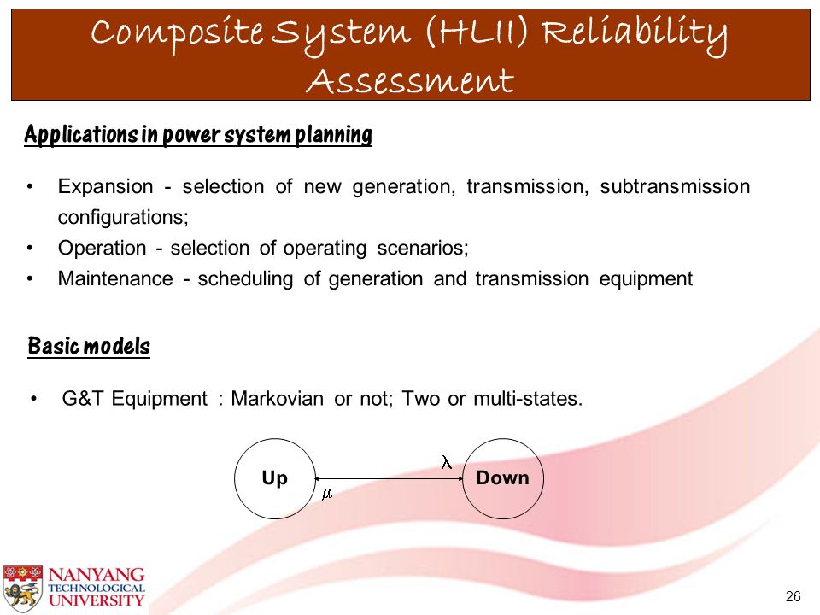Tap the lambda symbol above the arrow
pos(446,462)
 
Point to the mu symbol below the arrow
pos(327,494)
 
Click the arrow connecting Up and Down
pos(389,478)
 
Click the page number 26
pos(793,596)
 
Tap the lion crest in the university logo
pos(22,589)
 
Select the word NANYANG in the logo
pos(97,574)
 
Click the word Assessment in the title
pos(410,82)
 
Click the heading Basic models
pos(89,346)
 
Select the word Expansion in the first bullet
pos(105,186)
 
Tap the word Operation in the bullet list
pos(102,248)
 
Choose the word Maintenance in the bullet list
pos(115,278)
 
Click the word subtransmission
pos(675,186)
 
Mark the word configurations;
pos(123,217)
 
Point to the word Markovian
pos(277,399)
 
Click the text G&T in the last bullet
pos(83,399)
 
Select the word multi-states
pos(528,399)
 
